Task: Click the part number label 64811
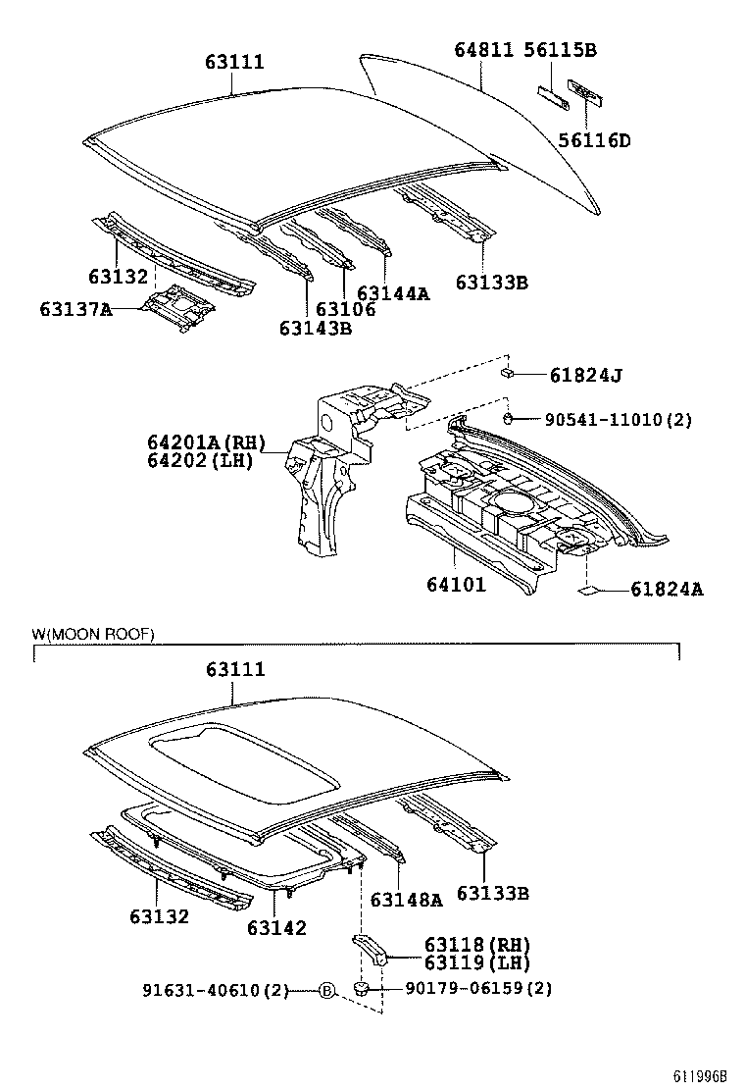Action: pyautogui.click(x=484, y=51)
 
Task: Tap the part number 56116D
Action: pyautogui.click(x=594, y=140)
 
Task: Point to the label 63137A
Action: pyautogui.click(x=76, y=310)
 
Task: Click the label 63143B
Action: pyautogui.click(x=315, y=328)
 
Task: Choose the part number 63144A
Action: pyautogui.click(x=393, y=293)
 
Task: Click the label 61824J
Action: pyautogui.click(x=586, y=374)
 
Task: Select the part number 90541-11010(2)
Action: pyautogui.click(x=618, y=420)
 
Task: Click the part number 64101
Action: pyautogui.click(x=456, y=586)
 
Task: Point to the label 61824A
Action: pyautogui.click(x=666, y=590)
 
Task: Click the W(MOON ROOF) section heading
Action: pyautogui.click(x=93, y=635)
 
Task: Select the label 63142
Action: pyautogui.click(x=276, y=927)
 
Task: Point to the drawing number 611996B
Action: pyautogui.click(x=700, y=1076)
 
